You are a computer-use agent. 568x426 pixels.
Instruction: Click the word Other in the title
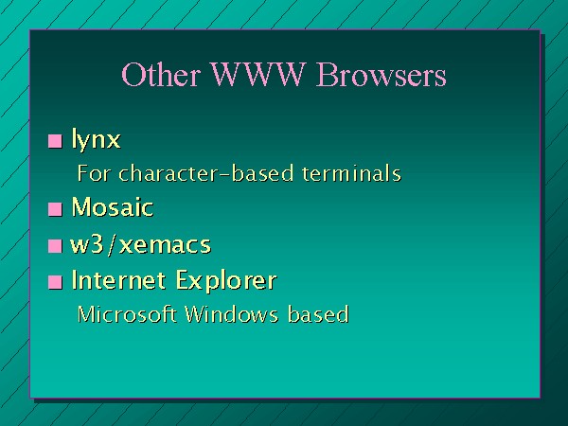coord(161,74)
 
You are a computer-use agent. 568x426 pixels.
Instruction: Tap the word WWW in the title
coord(257,74)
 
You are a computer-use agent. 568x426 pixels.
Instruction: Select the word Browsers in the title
coord(382,74)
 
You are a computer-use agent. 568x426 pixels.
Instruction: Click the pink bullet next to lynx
coord(55,141)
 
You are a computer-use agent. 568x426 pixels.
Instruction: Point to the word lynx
coord(96,139)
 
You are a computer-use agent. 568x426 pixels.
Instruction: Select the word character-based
coord(206,173)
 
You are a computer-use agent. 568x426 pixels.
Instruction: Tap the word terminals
coord(352,173)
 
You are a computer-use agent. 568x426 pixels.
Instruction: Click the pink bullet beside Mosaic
coord(55,209)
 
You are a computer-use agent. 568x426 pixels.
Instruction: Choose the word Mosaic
coord(113,206)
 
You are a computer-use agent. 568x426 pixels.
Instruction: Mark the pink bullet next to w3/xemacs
coord(55,246)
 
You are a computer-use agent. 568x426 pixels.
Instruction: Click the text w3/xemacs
coord(140,244)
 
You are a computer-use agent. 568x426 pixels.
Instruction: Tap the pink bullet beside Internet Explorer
coord(55,282)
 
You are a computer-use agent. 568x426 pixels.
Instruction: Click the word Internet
coord(118,279)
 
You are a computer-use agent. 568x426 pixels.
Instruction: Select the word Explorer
coord(226,281)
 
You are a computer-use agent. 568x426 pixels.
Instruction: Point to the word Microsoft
coord(127,313)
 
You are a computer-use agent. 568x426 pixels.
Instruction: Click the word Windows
coord(232,313)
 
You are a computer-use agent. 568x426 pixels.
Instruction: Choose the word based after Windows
coord(318,313)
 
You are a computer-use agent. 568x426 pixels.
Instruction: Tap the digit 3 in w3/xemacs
coord(98,245)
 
